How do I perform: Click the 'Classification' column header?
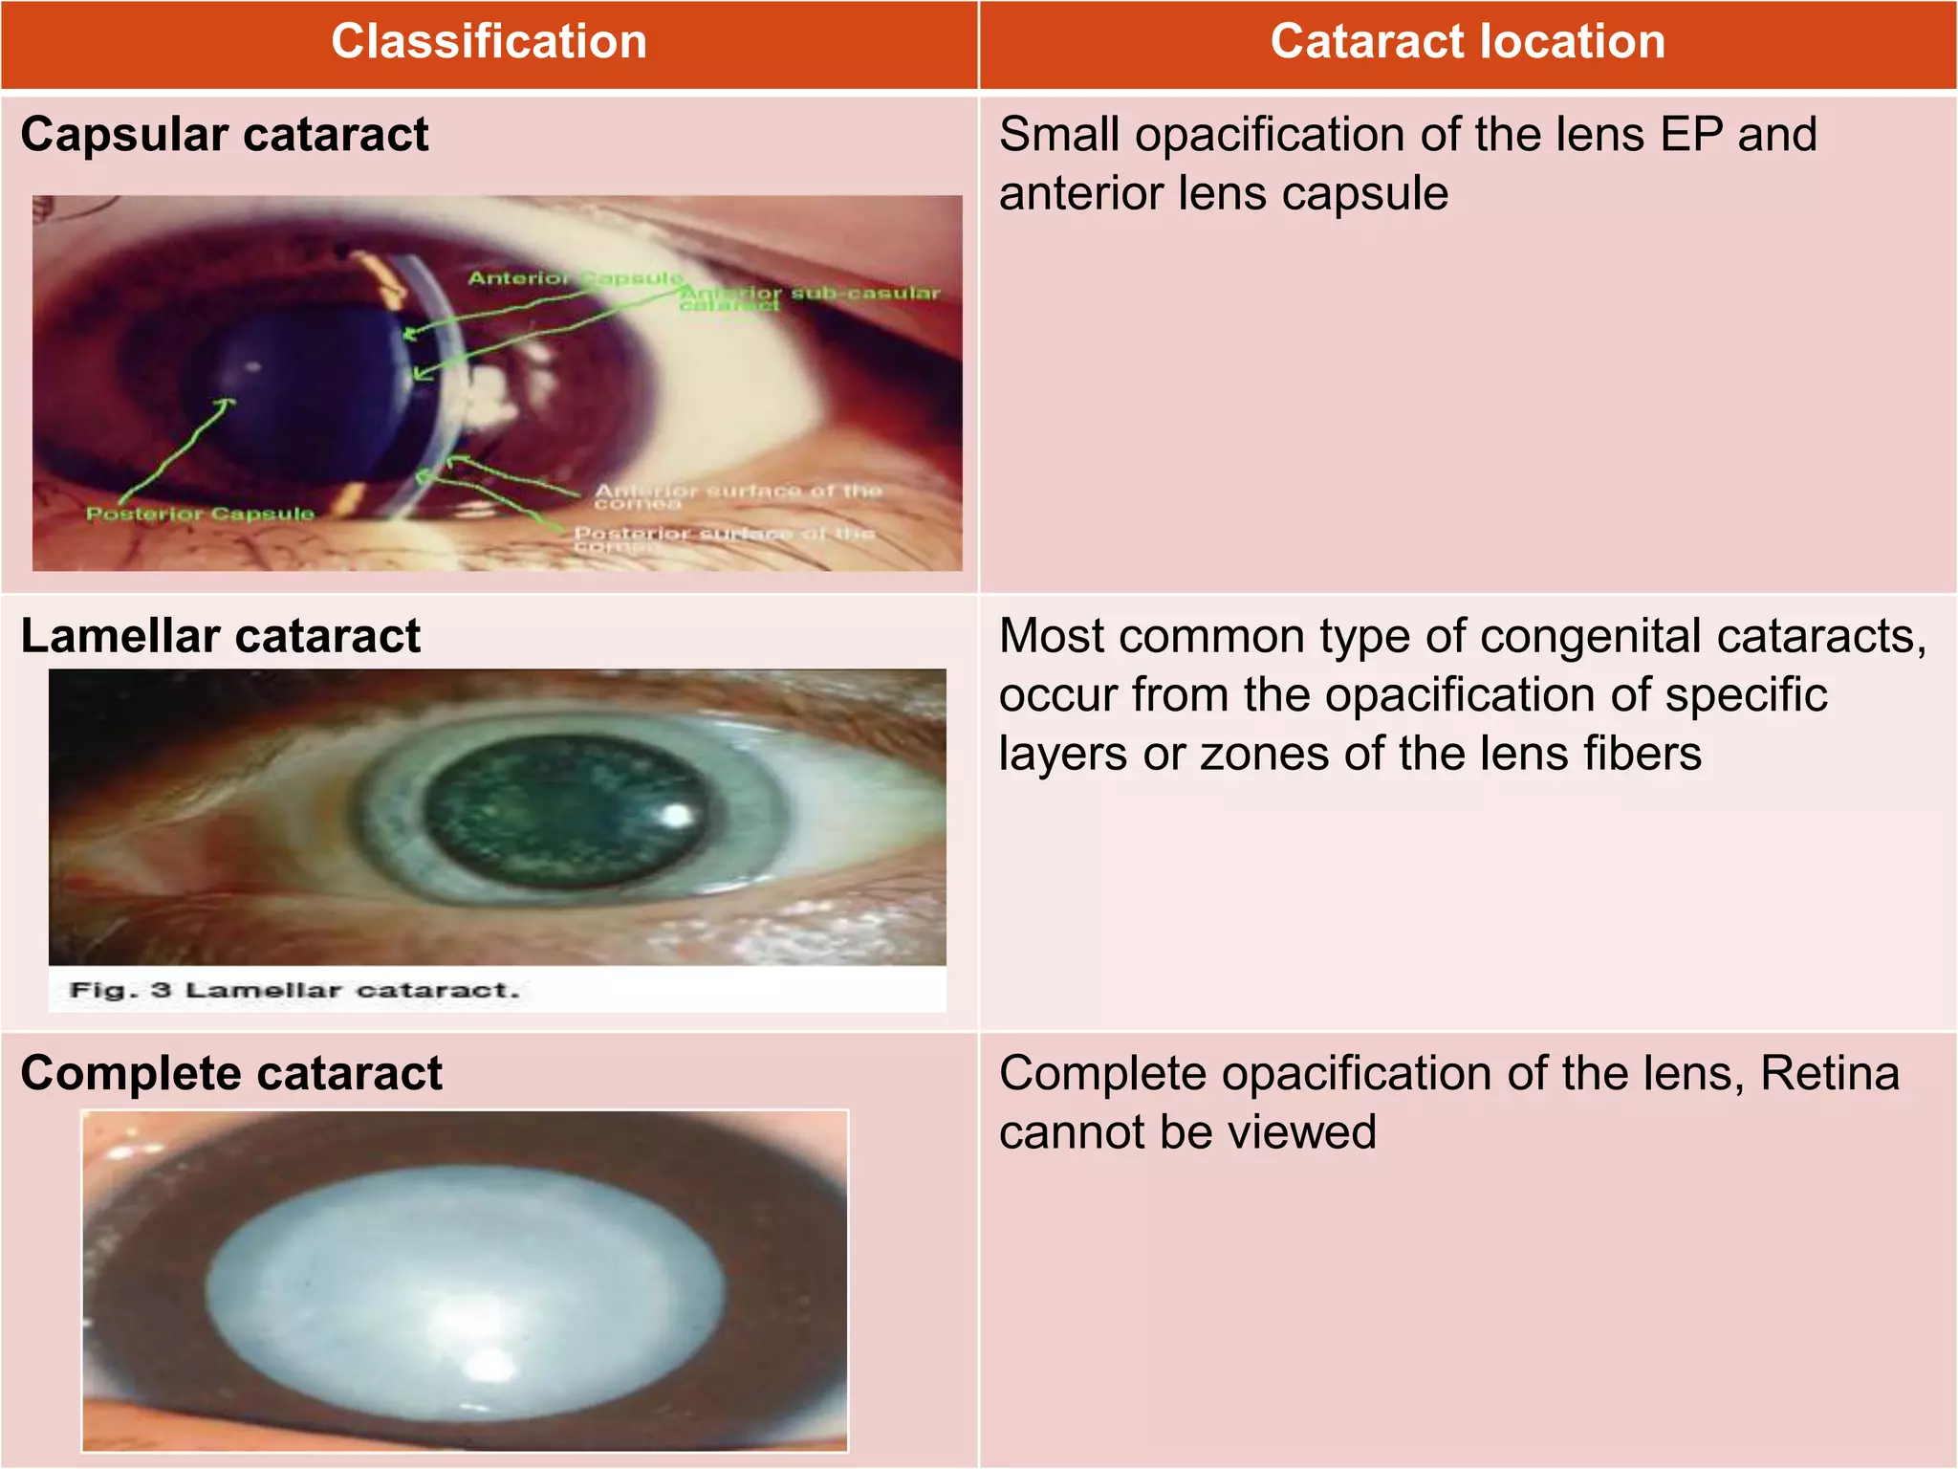tap(489, 42)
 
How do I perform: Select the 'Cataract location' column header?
tap(1468, 42)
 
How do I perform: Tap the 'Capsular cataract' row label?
tap(225, 134)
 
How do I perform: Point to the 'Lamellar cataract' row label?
tap(221, 636)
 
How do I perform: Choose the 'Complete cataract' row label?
tap(231, 1073)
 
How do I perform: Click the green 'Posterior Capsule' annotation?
tap(200, 515)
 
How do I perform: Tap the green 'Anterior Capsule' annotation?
tap(575, 278)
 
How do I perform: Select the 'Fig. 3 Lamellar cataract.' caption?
tap(294, 990)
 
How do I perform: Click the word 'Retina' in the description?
tap(1829, 1073)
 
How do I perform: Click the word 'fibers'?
tap(1642, 754)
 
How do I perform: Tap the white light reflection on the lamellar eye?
tap(677, 815)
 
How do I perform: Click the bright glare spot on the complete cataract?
tap(492, 1361)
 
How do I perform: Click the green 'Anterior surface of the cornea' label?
tap(736, 495)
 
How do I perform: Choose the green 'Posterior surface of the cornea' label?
tap(723, 537)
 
